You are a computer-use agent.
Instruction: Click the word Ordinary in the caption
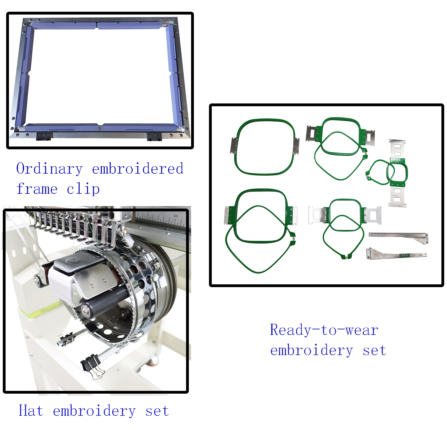(49, 169)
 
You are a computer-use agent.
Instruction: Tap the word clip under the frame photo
(83, 189)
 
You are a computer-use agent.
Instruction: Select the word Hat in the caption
(31, 411)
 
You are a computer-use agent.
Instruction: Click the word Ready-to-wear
(324, 330)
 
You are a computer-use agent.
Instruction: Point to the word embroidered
(138, 169)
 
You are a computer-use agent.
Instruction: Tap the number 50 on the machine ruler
(175, 216)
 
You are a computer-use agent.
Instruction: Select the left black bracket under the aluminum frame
(44, 137)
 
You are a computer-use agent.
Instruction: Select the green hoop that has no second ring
(265, 147)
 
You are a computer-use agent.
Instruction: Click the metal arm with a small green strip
(396, 254)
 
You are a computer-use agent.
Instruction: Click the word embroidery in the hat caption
(94, 411)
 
